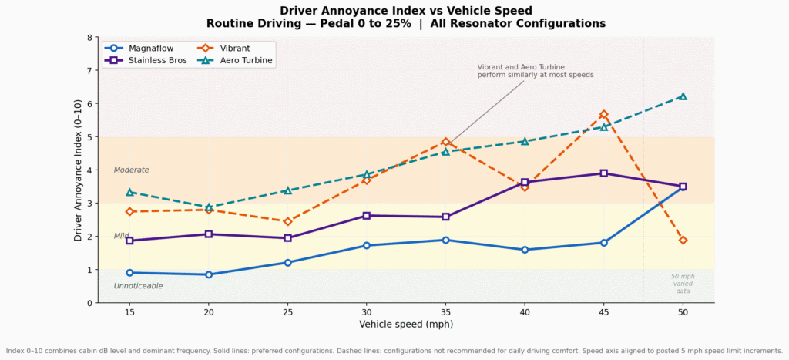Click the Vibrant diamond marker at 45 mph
[x=604, y=114]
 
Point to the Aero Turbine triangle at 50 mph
[x=683, y=96]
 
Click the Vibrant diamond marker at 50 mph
[x=683, y=241]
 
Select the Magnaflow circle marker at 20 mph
[x=209, y=274]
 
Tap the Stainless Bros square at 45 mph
[x=604, y=173]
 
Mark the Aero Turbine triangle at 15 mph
[x=129, y=193]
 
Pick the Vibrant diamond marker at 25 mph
[x=287, y=221]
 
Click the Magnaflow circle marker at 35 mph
[x=445, y=240]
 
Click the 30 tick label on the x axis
[x=367, y=311]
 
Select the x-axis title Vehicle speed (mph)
[x=405, y=325]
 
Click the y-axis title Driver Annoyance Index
[x=79, y=170]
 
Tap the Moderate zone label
[x=131, y=170]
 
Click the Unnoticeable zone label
[x=138, y=286]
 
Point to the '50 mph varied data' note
[x=683, y=283]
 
